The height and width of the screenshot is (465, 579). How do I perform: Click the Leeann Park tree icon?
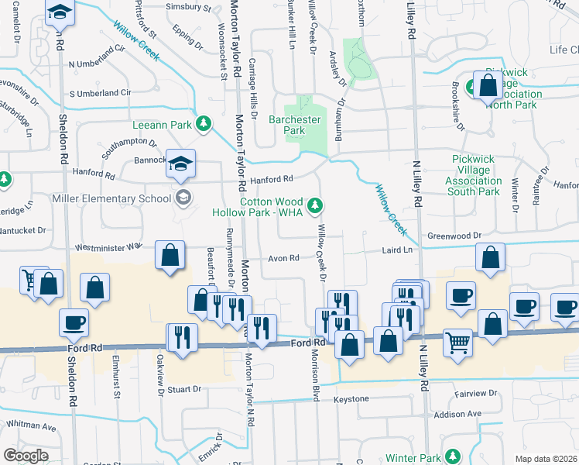point(204,122)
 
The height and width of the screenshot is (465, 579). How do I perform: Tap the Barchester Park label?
point(294,125)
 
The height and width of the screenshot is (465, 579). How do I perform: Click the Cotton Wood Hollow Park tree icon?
point(314,205)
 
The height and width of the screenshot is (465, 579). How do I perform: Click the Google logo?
point(26,456)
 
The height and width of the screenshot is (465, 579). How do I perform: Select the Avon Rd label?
point(283,258)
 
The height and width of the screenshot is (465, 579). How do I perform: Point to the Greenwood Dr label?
point(455,235)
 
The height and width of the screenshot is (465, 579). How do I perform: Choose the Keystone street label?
point(351,398)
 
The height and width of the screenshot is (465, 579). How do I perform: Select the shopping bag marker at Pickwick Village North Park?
point(488,87)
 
